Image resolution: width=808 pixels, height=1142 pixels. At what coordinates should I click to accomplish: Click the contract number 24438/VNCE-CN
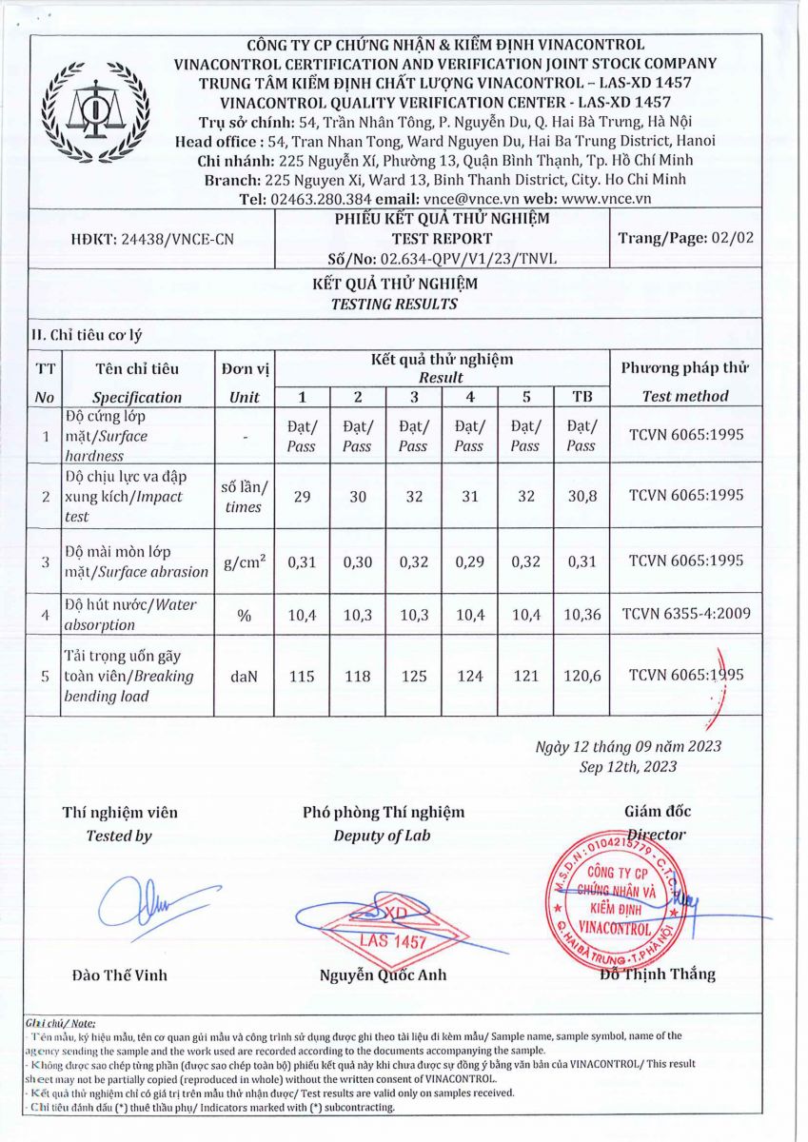click(152, 240)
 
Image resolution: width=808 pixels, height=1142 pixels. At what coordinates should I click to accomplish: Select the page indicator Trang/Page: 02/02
click(685, 238)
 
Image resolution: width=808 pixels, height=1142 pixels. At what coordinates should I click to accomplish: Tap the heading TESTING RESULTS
click(394, 305)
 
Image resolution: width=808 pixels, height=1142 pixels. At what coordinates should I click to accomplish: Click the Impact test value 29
click(303, 495)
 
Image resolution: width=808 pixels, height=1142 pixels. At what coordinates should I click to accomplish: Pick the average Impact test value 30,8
click(581, 495)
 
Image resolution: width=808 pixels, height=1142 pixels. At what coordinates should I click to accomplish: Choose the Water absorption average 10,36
click(581, 616)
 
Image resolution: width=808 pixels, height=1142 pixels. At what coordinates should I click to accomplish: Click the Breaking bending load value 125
click(413, 676)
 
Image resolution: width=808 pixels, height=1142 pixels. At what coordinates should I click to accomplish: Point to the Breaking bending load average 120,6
click(581, 676)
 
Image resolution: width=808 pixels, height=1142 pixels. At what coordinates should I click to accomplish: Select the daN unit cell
click(244, 676)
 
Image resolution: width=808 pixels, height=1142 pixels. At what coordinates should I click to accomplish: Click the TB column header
click(581, 397)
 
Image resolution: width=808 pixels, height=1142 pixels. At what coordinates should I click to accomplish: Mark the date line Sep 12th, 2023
click(628, 766)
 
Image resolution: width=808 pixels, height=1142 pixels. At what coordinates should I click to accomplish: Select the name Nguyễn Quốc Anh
click(383, 975)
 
